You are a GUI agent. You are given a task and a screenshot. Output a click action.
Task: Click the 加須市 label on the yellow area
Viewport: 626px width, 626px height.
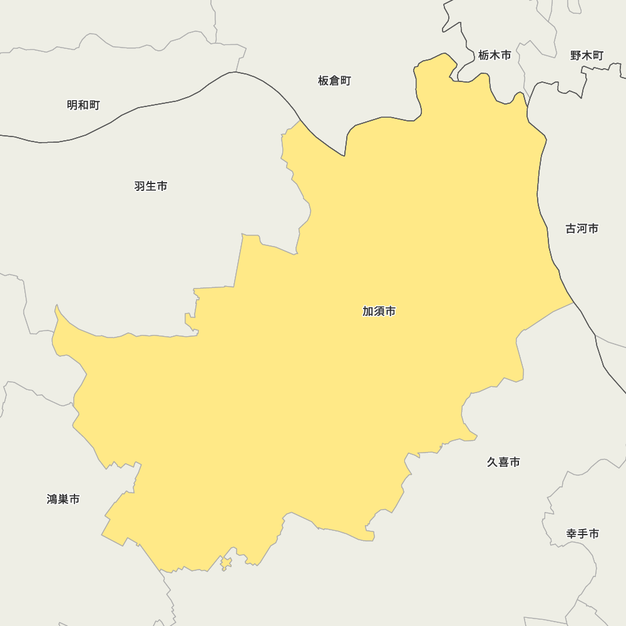tap(379, 311)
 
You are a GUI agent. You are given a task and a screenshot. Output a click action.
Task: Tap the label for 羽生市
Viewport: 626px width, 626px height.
tap(151, 186)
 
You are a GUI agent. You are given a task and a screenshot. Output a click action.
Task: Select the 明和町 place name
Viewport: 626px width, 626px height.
tap(83, 105)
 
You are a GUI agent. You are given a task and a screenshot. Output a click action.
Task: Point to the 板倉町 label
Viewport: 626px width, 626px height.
tap(334, 81)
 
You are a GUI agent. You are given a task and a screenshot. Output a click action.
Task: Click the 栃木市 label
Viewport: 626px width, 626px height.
tap(495, 55)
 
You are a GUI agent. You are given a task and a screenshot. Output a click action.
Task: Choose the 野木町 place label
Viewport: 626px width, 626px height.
tap(587, 55)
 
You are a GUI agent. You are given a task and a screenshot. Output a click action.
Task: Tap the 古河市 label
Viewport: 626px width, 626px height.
tap(582, 228)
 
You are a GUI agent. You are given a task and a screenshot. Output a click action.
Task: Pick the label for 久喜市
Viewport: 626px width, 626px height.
tap(503, 462)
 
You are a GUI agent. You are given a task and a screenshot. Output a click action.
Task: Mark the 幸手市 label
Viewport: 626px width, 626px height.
tap(583, 533)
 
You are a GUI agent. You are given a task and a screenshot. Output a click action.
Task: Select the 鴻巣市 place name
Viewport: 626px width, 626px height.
tap(63, 499)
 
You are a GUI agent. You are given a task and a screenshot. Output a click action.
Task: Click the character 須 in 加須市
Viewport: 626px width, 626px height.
tap(379, 311)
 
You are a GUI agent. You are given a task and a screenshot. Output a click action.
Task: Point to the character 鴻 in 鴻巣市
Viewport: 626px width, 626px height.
tap(53, 499)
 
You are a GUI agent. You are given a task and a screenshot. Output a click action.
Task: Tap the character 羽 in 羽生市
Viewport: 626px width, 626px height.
tap(140, 186)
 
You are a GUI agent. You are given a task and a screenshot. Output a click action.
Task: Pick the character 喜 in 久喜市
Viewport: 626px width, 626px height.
tap(503, 462)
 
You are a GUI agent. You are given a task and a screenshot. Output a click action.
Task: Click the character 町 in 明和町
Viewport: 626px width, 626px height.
tap(95, 105)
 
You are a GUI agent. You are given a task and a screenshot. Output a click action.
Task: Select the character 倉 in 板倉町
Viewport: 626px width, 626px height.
tap(334, 81)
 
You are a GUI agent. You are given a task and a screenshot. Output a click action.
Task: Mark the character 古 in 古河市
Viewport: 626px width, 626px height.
tap(571, 228)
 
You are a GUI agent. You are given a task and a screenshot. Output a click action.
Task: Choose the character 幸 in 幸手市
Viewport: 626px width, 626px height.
tap(572, 533)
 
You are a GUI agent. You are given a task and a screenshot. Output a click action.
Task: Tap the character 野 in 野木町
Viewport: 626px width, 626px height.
tap(576, 55)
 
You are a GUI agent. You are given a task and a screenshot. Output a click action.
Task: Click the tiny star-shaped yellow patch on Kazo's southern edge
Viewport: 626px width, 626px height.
tap(226, 563)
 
